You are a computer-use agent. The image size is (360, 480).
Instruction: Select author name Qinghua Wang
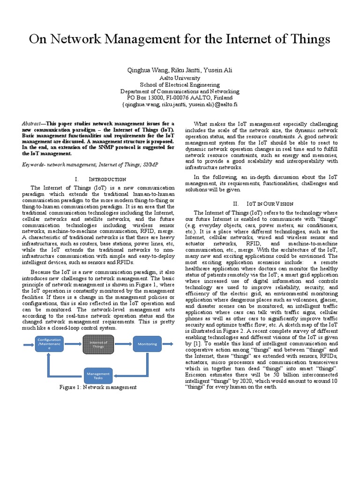click(147, 70)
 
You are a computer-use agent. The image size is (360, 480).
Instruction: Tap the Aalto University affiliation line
click(180, 78)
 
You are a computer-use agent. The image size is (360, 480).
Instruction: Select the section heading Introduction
click(107, 179)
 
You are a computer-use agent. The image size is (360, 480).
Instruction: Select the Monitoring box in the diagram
click(147, 344)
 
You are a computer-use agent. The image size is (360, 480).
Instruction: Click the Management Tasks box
click(98, 375)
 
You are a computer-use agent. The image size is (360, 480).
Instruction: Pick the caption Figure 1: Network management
click(98, 388)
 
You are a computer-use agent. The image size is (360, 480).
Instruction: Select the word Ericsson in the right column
click(198, 374)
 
